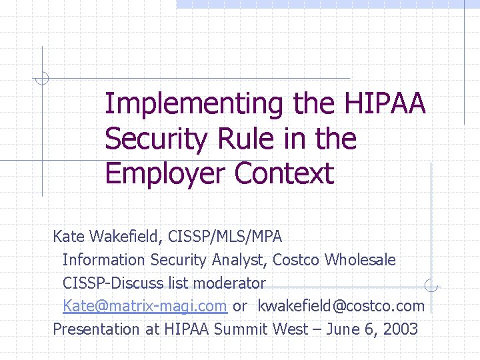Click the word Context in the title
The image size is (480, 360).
pos(284,173)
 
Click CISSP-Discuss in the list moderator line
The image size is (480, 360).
pos(113,283)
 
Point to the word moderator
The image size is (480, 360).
pos(229,283)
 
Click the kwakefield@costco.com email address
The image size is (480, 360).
pos(341,306)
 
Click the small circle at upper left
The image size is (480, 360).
pos(41,78)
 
